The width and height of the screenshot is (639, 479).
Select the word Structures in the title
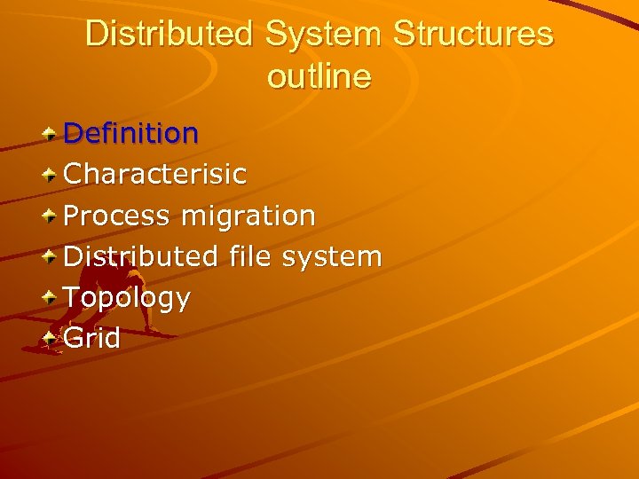tap(473, 35)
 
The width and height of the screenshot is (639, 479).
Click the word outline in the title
tap(319, 77)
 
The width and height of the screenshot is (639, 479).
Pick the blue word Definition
tap(131, 133)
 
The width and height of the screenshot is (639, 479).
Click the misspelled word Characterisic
tap(155, 174)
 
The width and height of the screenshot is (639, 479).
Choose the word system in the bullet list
tap(331, 257)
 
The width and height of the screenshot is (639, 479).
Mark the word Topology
tap(127, 298)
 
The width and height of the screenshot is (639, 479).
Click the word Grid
tap(92, 338)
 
